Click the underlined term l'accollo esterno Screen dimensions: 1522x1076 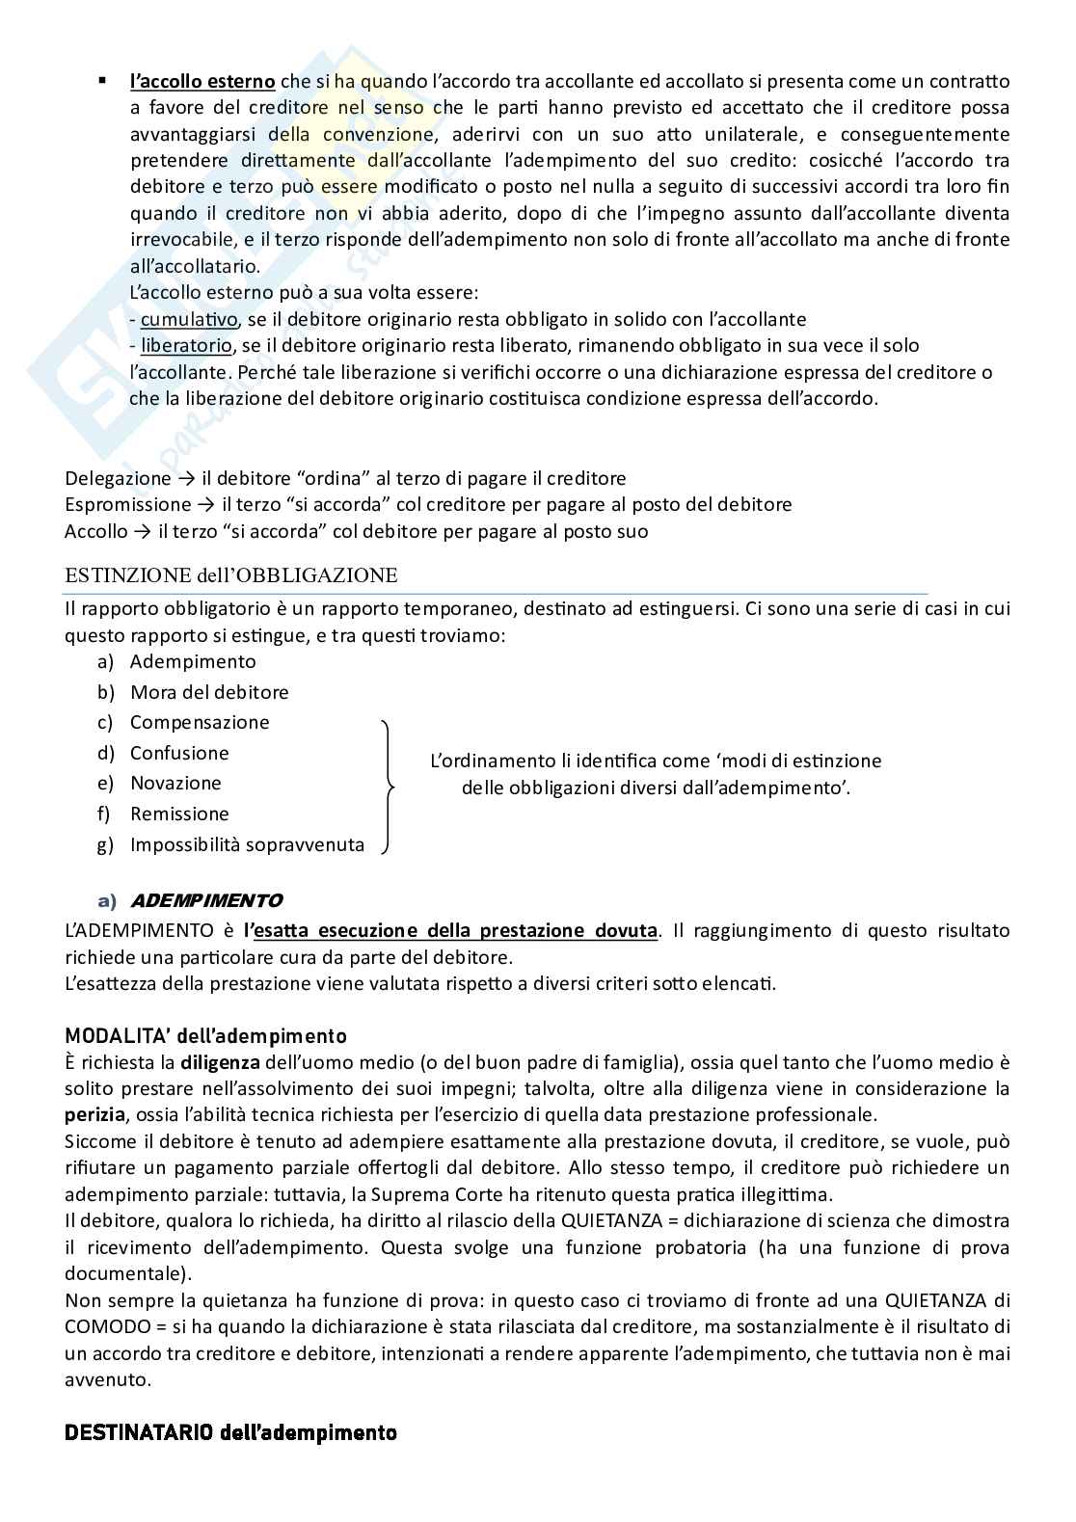tap(202, 81)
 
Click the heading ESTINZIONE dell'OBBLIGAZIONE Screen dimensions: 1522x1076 tap(230, 575)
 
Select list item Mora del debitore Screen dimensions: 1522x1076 tap(209, 692)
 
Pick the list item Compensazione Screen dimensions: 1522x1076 tap(200, 722)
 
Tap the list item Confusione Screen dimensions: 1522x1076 tap(179, 753)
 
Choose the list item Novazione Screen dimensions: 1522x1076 tap(175, 783)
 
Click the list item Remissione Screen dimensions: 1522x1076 tap(179, 814)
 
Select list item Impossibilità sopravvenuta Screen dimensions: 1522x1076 tap(247, 844)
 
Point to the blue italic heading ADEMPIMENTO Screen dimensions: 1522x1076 tap(205, 901)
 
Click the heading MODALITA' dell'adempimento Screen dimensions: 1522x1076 tap(205, 1036)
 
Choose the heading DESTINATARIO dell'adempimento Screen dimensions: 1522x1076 tap(230, 1432)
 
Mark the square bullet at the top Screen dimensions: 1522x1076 tap(101, 80)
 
